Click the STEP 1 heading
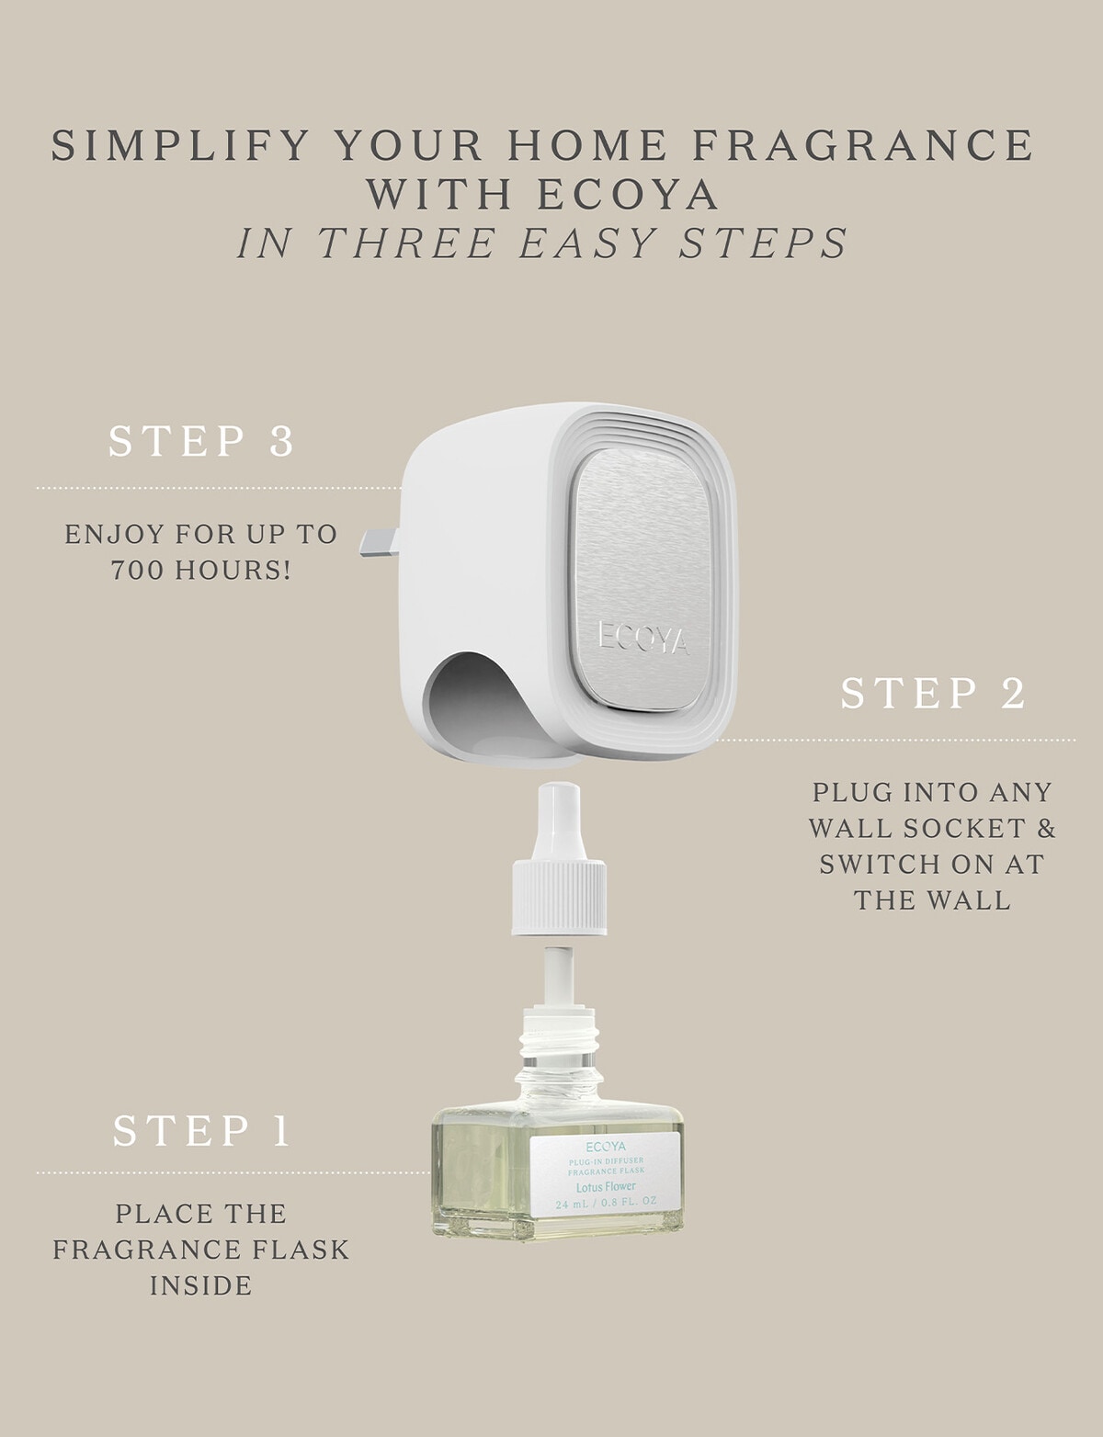201,1131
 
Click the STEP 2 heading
932,694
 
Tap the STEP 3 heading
201,441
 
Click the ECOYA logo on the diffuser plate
643,637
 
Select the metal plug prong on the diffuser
380,543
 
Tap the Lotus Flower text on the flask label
605,1186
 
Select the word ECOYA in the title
628,195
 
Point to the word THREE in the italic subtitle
410,243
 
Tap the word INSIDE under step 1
201,1285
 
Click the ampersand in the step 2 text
1046,828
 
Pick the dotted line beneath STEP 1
230,1172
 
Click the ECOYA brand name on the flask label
605,1147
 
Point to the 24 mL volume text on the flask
572,1203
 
